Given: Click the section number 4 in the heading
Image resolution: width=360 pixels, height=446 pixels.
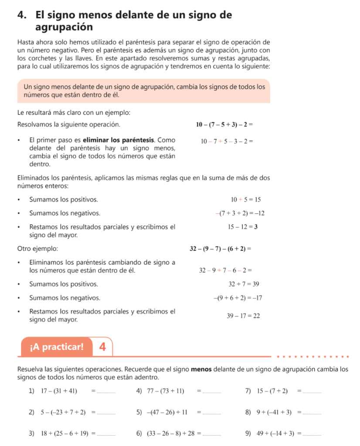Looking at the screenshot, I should (x=21, y=15).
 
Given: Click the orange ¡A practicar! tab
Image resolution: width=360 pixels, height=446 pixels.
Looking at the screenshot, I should (x=57, y=347).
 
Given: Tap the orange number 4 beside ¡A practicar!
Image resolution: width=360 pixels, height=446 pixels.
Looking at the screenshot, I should (x=102, y=347).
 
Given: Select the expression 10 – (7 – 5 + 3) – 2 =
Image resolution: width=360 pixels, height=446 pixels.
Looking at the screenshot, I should (x=224, y=125).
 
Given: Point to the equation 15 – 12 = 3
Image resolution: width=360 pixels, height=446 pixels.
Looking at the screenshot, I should (x=242, y=227).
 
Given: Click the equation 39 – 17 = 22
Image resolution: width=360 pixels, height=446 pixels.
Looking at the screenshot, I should (x=243, y=316).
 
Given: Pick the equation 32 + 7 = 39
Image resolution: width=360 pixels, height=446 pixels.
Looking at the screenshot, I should (x=244, y=284).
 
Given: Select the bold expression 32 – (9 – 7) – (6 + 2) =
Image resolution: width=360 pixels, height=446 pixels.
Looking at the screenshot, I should (x=221, y=249).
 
